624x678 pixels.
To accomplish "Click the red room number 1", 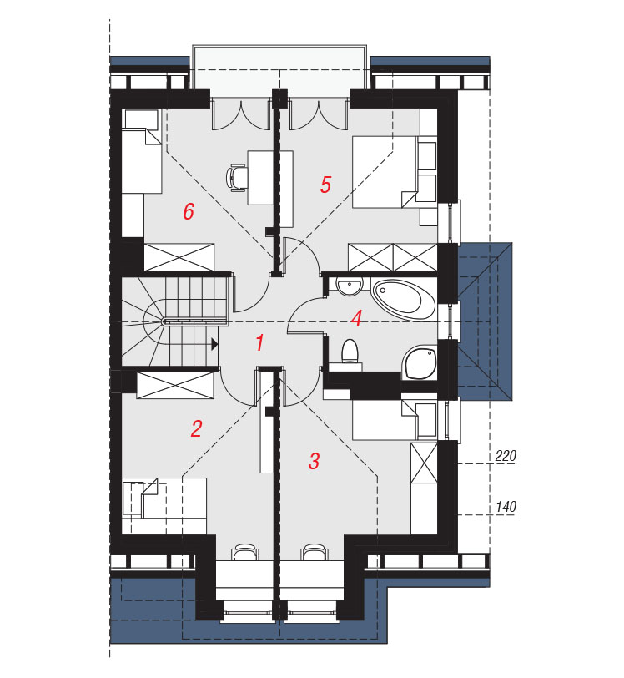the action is [x=259, y=342].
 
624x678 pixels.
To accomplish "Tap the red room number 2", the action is [x=196, y=428].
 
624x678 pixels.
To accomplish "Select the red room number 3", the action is [x=314, y=461].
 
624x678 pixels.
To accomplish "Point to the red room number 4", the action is [x=356, y=319].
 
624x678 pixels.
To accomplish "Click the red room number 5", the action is [x=325, y=185].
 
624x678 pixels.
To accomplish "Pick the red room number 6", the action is [x=189, y=212].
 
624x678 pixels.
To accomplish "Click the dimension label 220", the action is [x=506, y=456].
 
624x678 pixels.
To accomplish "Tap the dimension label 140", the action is [x=506, y=506].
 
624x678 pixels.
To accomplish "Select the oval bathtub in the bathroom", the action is [x=403, y=299].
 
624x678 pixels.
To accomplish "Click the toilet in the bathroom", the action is [x=350, y=351].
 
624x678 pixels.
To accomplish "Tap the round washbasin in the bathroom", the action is [x=350, y=286].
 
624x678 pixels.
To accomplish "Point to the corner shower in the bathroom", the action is [x=420, y=362].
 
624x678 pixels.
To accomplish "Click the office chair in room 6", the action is [x=236, y=177].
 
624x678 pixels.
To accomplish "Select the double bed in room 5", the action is [x=385, y=172].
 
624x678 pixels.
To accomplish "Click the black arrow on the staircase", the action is [x=214, y=344].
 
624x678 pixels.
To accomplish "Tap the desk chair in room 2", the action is [x=245, y=553].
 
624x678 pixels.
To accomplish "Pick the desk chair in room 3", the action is [x=315, y=553].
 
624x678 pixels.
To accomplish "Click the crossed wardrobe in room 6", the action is [x=179, y=258].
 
